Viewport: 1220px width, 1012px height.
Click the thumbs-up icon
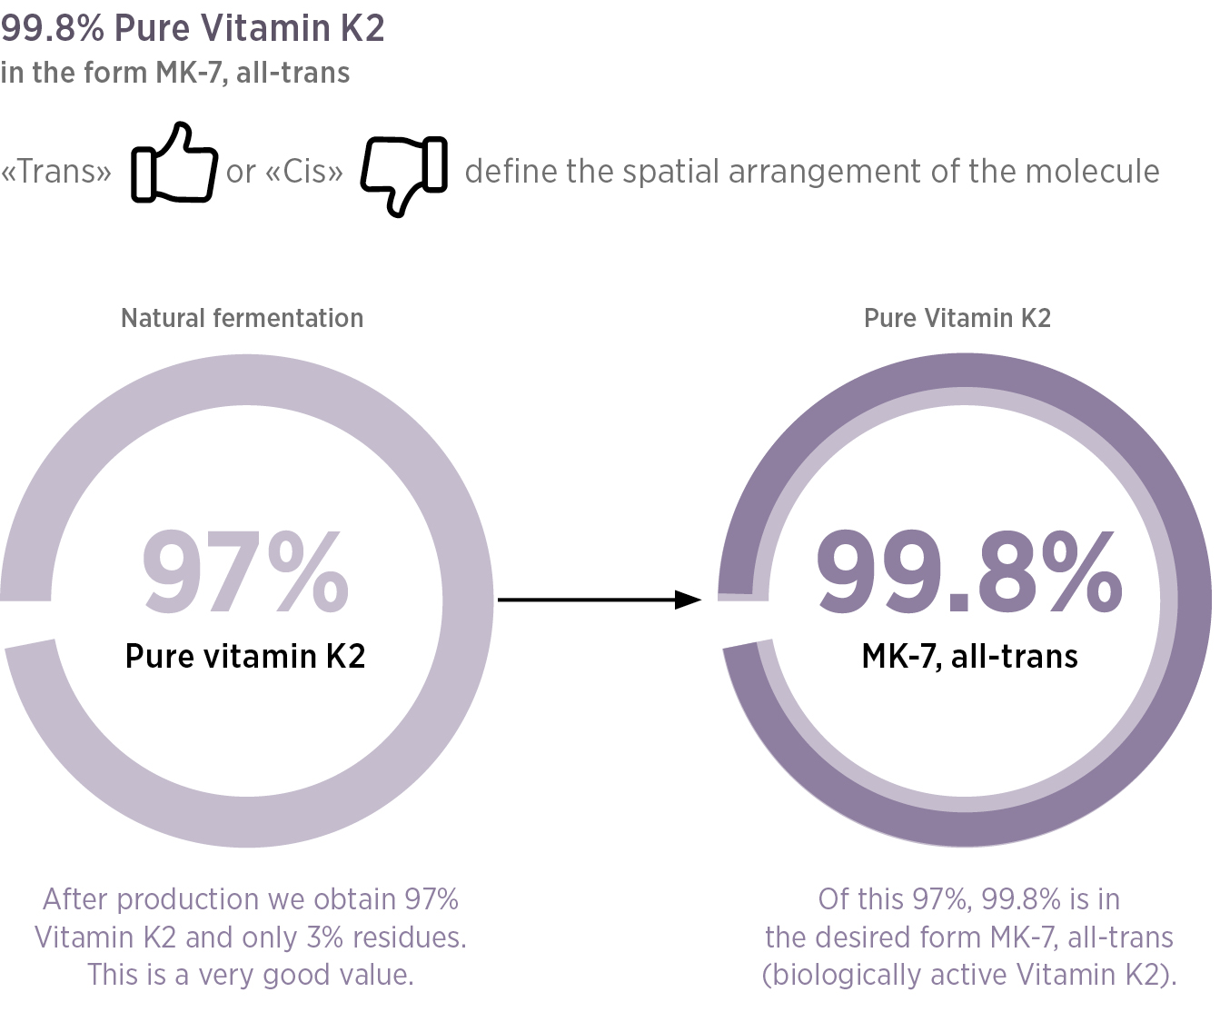pos(174,164)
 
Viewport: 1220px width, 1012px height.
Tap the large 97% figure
pos(246,572)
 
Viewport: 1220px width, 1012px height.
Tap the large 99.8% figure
pos(968,572)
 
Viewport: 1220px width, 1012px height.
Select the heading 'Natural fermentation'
pos(242,318)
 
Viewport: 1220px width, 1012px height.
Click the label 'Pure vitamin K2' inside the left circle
pos(245,656)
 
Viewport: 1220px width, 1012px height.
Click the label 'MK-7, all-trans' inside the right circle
pos(969,656)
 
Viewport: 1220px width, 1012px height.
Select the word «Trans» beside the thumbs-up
pos(56,172)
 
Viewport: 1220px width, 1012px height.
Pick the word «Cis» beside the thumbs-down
pos(304,172)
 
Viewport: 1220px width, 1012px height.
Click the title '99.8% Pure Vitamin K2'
pos(193,28)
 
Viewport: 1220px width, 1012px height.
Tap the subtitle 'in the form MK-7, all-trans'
pos(175,73)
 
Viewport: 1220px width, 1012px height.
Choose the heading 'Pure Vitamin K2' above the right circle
pos(957,318)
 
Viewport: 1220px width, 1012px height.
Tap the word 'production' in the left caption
pos(190,899)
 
